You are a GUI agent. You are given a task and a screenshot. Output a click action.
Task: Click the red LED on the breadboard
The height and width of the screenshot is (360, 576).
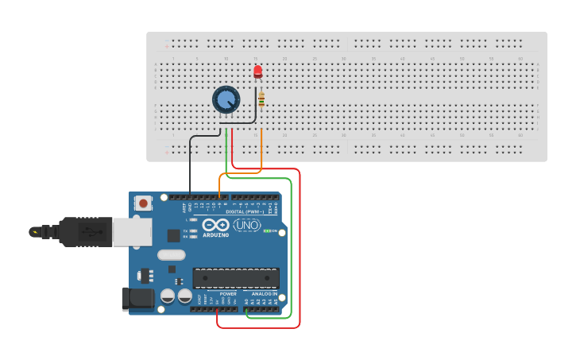click(x=257, y=72)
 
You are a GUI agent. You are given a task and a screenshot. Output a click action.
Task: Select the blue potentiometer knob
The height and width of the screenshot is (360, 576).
click(x=226, y=99)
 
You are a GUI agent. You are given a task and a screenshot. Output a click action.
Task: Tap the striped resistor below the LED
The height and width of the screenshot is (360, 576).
click(x=261, y=100)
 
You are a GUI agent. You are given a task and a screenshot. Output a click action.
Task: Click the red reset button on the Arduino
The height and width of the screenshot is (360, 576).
click(x=143, y=203)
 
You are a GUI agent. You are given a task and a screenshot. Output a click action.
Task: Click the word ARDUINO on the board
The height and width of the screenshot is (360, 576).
click(x=215, y=235)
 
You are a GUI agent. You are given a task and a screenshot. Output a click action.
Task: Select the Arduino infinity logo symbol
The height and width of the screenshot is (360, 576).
click(x=215, y=225)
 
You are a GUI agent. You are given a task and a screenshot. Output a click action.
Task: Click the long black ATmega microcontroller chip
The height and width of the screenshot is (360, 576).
click(x=236, y=278)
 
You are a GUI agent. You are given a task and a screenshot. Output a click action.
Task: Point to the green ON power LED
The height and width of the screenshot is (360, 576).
click(x=268, y=231)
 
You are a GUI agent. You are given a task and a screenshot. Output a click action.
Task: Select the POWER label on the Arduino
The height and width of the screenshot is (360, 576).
click(x=228, y=294)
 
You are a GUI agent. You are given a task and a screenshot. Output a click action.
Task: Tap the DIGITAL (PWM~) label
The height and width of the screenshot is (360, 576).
click(x=245, y=212)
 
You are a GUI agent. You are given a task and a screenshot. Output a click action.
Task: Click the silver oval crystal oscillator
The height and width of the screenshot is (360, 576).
click(x=171, y=255)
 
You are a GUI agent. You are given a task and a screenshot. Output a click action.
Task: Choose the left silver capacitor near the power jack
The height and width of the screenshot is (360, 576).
click(x=168, y=296)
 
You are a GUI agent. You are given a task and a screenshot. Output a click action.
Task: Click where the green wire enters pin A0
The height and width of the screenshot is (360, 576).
click(x=248, y=309)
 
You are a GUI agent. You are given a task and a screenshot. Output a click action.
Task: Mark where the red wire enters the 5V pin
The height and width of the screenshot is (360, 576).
click(x=217, y=309)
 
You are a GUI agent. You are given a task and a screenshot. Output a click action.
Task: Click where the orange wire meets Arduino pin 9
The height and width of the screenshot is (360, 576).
click(x=220, y=197)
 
